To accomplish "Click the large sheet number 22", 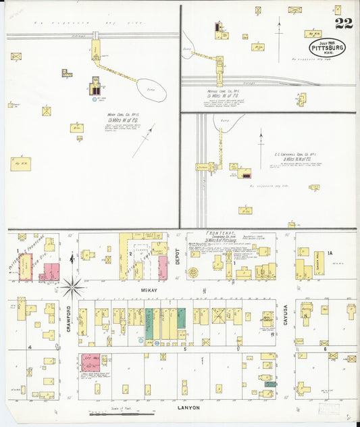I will point(342,24).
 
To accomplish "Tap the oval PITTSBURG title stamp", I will point(328,47).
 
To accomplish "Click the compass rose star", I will point(72,287).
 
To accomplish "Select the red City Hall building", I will point(91,363).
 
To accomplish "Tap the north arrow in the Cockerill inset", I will point(261,149).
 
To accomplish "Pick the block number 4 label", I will point(30,347).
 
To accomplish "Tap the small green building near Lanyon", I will point(270,384).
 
